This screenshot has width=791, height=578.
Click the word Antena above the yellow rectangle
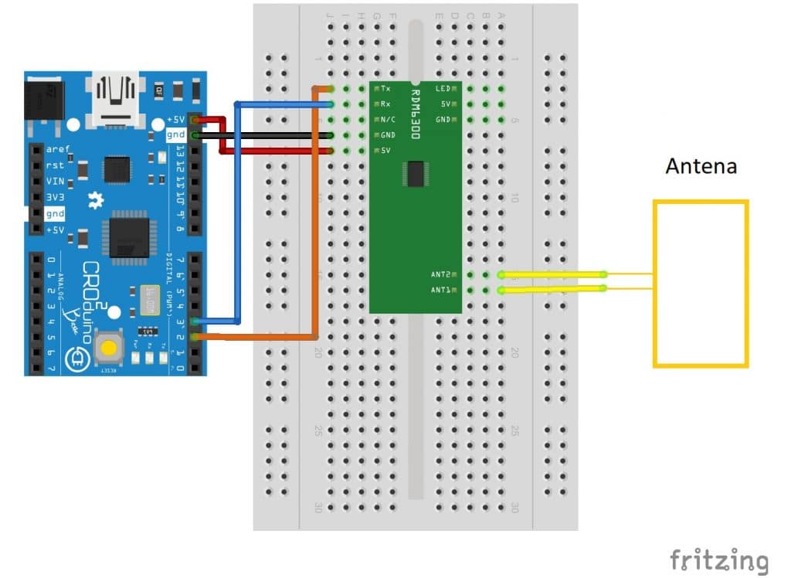[701, 166]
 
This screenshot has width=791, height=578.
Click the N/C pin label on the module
[388, 120]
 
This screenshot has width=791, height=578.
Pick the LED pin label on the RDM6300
[443, 89]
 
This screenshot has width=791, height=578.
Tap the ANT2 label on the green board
[441, 274]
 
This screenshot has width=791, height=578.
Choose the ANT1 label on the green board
[441, 291]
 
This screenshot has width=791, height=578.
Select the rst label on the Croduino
[54, 165]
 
